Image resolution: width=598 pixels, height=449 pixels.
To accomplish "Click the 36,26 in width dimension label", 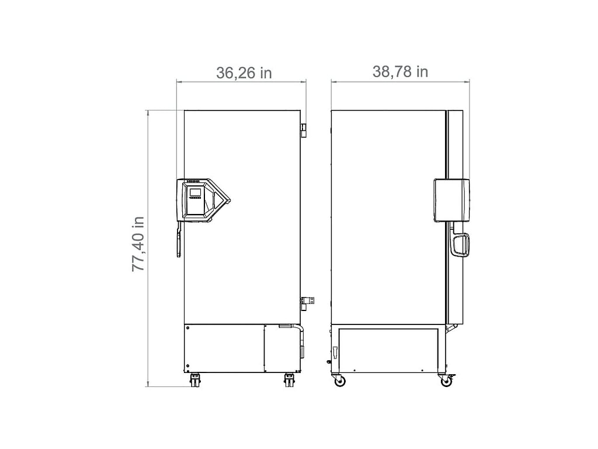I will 244,72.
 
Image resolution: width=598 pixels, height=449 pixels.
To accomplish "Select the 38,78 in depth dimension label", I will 400,71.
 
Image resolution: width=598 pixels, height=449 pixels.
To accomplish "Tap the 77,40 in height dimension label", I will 138,244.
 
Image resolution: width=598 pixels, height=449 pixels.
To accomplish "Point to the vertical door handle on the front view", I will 178,242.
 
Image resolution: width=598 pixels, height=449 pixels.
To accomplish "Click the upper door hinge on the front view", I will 304,130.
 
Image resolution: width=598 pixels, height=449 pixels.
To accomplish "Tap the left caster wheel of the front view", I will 195,381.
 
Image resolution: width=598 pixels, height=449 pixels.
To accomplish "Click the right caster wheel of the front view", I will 289,381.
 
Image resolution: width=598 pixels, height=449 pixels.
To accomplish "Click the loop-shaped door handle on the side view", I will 460,245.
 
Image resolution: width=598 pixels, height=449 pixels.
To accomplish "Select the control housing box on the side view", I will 451,200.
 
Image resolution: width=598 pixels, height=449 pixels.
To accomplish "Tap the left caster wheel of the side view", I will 339,381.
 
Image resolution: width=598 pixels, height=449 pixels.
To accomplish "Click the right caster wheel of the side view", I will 446,381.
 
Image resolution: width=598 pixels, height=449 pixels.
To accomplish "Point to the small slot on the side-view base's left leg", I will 335,353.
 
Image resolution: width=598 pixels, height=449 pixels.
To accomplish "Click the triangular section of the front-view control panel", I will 219,200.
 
